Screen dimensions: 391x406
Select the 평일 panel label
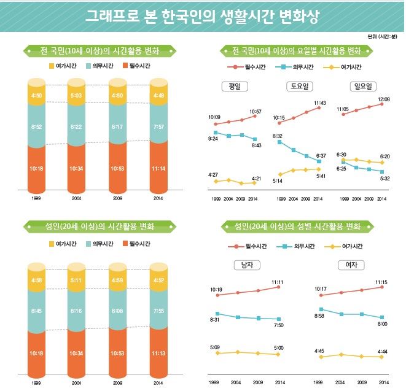[234, 87]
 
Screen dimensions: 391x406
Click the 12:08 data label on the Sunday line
[383, 99]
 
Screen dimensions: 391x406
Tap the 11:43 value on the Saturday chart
[320, 103]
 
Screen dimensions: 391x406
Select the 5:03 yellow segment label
[77, 95]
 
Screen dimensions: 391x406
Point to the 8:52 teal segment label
[36, 125]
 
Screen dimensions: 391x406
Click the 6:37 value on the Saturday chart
[321, 156]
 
